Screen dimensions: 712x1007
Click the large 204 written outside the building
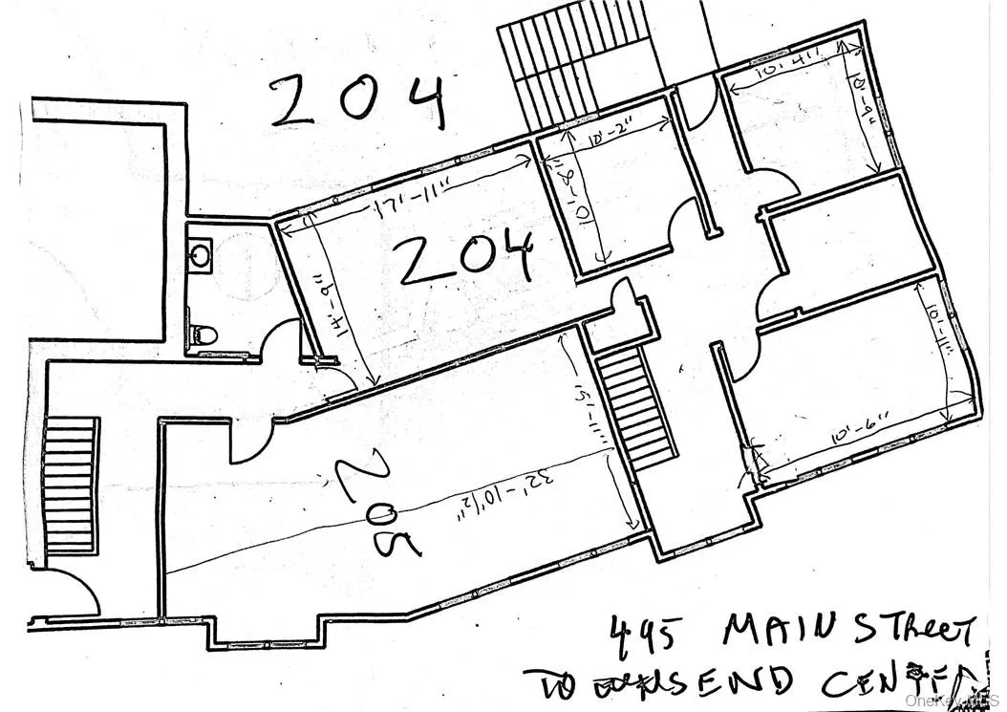tap(358, 101)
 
